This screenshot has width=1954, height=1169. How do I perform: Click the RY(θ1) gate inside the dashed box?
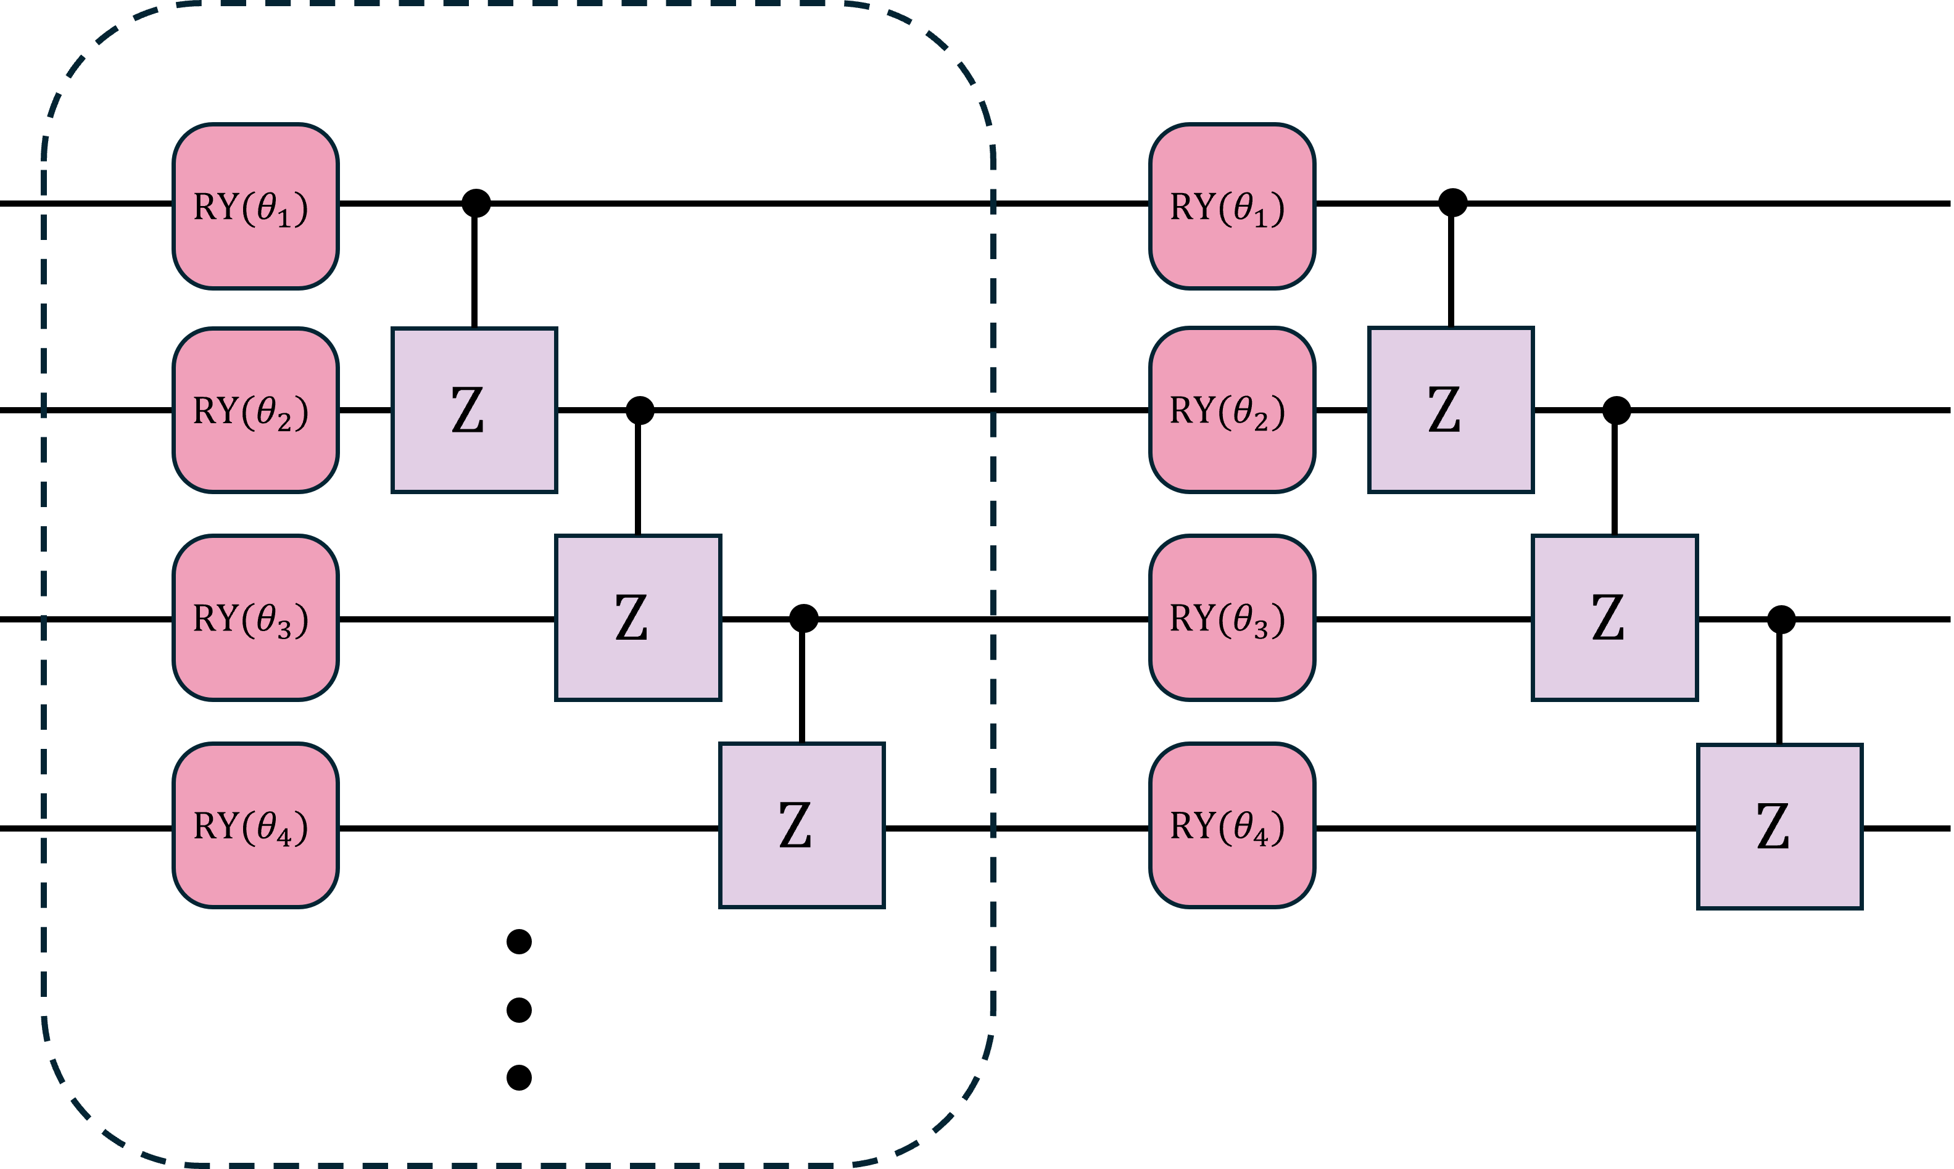coord(255,207)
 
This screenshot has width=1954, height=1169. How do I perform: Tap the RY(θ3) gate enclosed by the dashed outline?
coord(255,618)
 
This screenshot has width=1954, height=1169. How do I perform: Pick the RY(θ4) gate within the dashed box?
coord(255,825)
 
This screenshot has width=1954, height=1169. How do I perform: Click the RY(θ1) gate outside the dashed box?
coord(1232,207)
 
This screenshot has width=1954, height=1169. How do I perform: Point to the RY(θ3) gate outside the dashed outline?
coord(1232,618)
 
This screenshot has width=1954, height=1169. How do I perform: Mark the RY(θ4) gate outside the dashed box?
coord(1232,825)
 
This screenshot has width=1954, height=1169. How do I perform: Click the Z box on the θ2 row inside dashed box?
coord(474,410)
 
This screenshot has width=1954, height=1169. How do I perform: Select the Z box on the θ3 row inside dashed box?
coord(637,618)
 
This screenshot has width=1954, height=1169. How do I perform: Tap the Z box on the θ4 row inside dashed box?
coord(802,825)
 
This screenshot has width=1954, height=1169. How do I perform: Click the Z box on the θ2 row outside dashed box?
coord(1451,410)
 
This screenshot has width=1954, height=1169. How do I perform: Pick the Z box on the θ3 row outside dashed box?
coord(1615,618)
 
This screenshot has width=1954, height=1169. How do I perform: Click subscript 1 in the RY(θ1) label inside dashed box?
coord(284,217)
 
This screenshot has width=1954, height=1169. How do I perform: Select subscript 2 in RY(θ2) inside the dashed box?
coord(284,421)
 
